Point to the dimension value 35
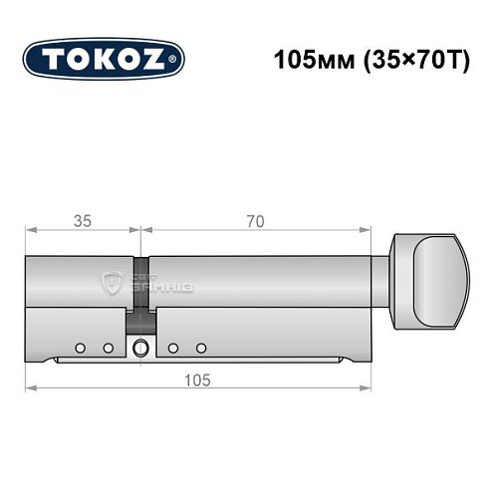tap(81, 222)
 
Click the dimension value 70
tap(256, 222)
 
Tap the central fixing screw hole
tap(140, 348)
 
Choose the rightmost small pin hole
tap(201, 348)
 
